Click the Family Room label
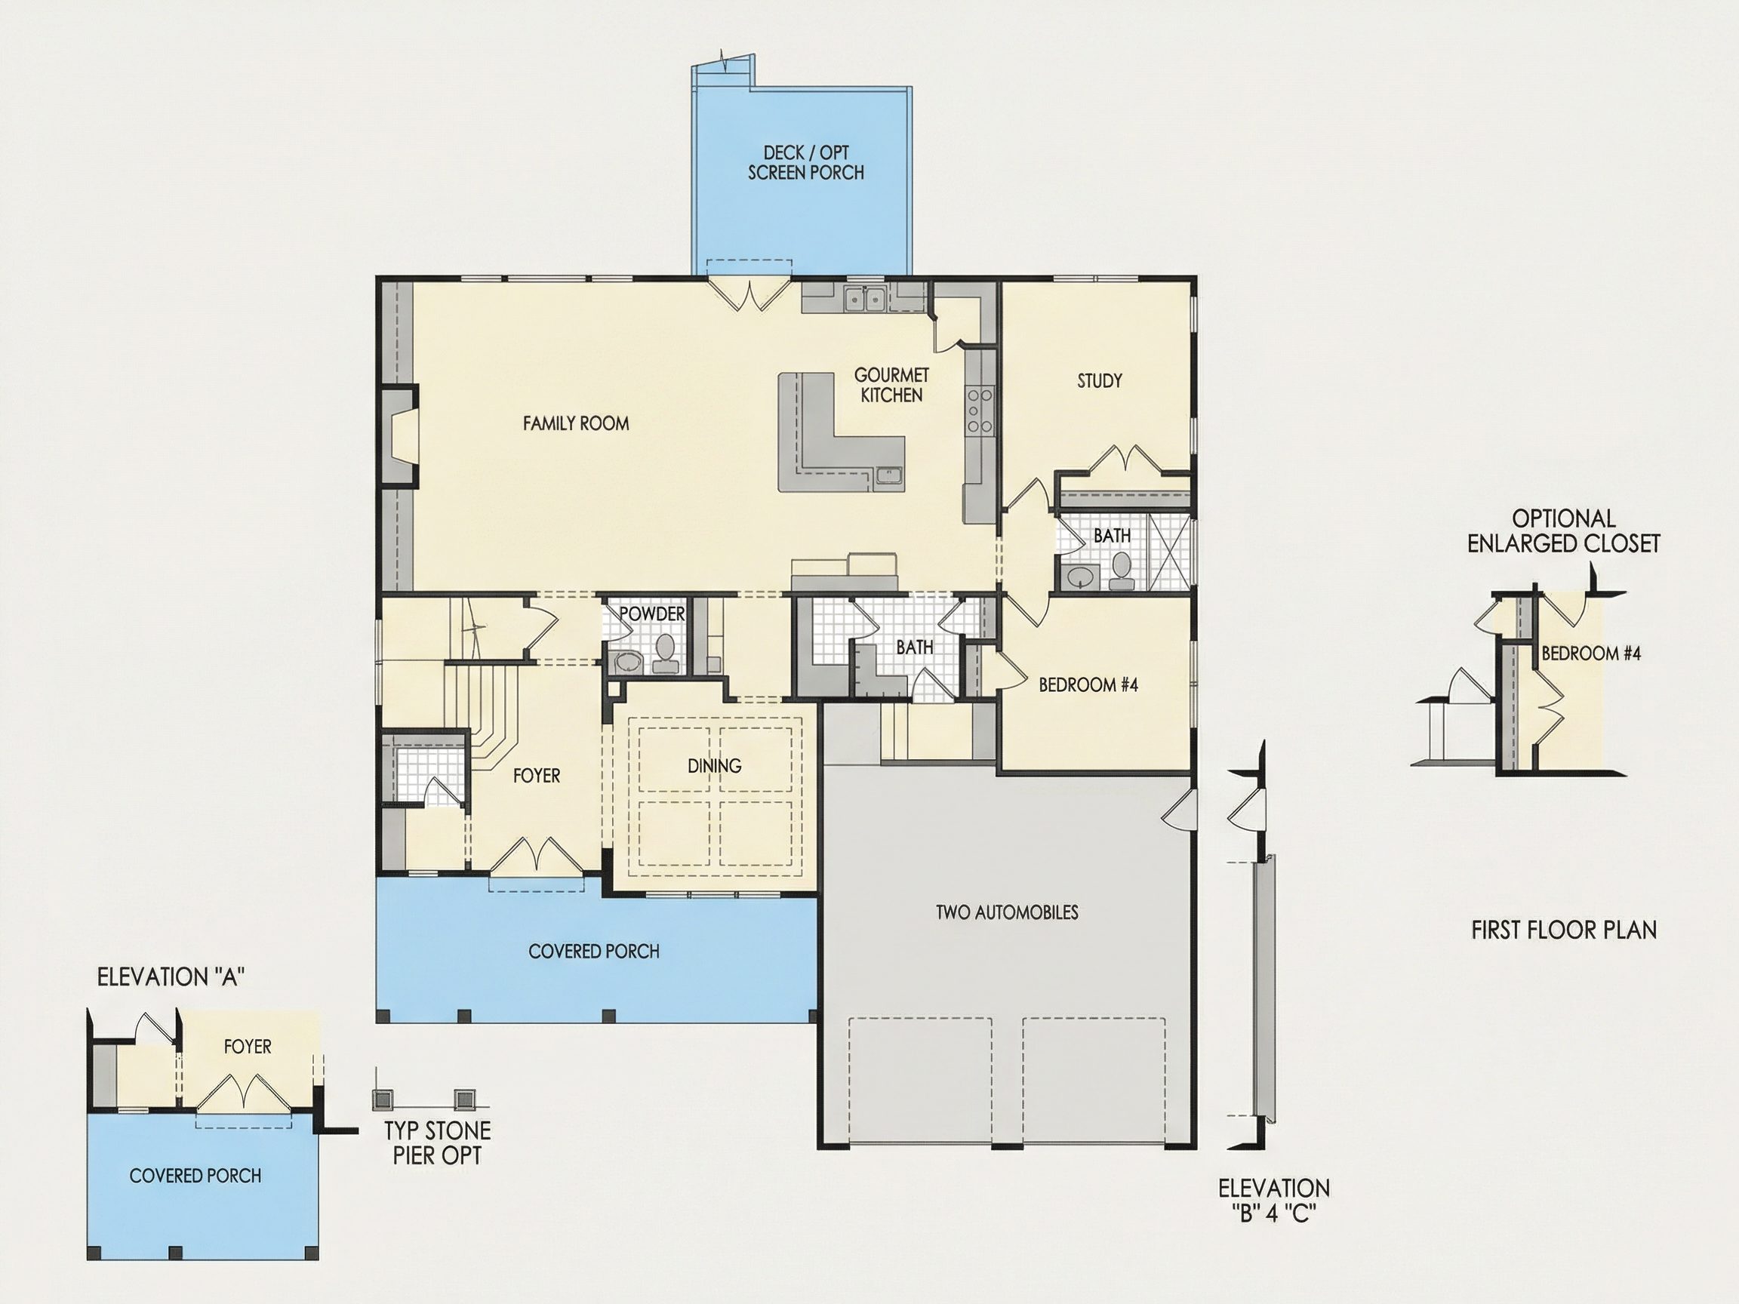[575, 423]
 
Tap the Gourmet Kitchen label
[891, 385]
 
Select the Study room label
[1099, 381]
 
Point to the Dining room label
[714, 766]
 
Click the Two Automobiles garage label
[1006, 912]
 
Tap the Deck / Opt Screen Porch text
[805, 163]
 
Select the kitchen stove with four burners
[980, 409]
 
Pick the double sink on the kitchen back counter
[865, 299]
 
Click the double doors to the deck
[749, 295]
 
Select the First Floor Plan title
[1564, 930]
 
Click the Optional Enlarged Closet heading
[1564, 531]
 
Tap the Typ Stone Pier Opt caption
[437, 1143]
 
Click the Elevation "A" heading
[171, 977]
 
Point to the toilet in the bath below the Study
[1121, 570]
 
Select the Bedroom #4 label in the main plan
[1088, 684]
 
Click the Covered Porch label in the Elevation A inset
[195, 1176]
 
